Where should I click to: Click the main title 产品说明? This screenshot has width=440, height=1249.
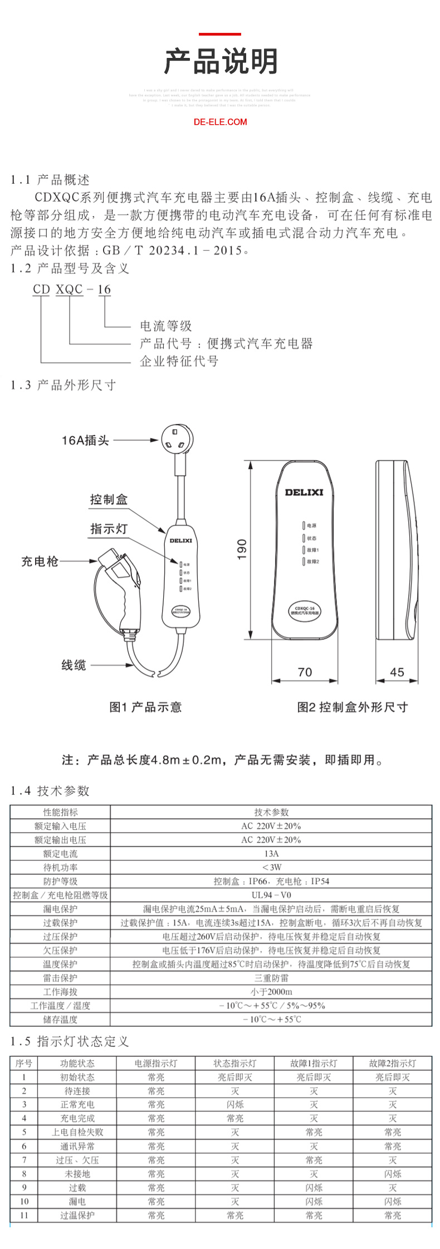coord(221,61)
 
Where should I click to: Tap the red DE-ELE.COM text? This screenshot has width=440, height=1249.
coord(220,122)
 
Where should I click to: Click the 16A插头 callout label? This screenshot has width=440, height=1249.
coord(85,440)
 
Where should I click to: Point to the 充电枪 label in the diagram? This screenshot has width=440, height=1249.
coord(40,561)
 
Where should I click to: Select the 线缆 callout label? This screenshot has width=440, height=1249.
coord(74,665)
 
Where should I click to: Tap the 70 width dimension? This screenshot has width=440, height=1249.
coord(305,672)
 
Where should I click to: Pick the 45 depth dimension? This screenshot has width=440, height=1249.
coord(397,672)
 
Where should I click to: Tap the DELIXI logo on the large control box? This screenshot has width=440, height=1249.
coord(304,492)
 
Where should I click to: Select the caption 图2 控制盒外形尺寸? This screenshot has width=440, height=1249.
coord(352,707)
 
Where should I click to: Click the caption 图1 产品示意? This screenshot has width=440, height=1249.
coord(145,707)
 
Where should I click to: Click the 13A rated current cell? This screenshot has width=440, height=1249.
coord(271,854)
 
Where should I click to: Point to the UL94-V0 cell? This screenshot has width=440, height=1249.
coord(271,895)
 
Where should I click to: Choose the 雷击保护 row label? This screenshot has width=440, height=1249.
coord(60,978)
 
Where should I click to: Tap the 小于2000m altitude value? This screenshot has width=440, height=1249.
coord(271,992)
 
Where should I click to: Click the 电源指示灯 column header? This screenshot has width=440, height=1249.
coord(156,1063)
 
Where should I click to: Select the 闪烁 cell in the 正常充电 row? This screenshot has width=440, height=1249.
coord(235,1104)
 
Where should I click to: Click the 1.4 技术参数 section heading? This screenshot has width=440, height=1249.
coord(50,791)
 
